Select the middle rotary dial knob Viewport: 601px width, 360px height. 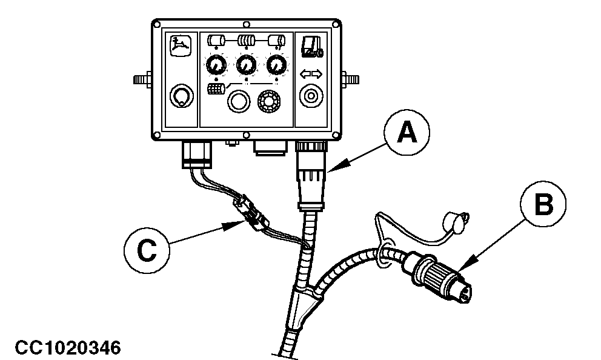click(x=246, y=64)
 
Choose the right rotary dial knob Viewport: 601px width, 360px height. click(x=277, y=64)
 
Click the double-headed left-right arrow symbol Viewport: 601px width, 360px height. click(x=312, y=75)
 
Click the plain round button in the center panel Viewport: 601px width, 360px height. click(x=237, y=101)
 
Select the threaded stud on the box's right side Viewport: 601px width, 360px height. click(x=350, y=78)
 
